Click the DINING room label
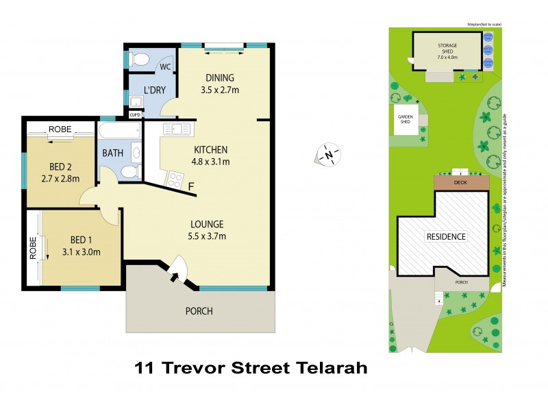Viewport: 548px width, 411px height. tap(220, 77)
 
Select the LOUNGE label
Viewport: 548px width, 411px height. tap(207, 224)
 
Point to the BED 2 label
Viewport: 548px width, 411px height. tap(61, 166)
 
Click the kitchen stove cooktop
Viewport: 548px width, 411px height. tap(174, 180)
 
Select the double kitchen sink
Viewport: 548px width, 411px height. tap(178, 129)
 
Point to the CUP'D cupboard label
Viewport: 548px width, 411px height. tap(136, 114)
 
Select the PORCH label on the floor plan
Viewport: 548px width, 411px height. tap(199, 311)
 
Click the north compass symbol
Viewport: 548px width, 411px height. tap(329, 155)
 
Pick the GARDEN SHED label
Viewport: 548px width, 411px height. tap(405, 119)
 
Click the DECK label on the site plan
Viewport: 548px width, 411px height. tap(461, 184)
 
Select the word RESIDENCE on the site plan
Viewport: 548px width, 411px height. tap(446, 236)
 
